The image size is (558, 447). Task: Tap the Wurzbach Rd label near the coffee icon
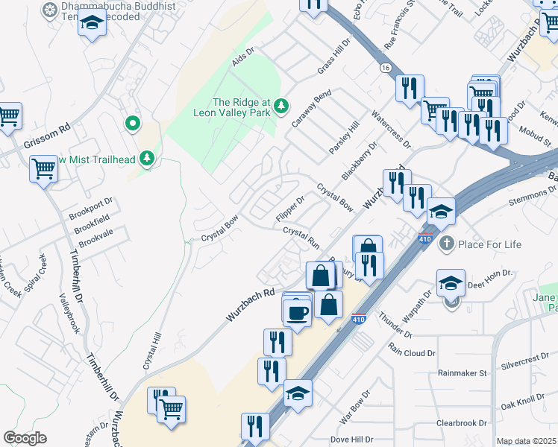coord(251,305)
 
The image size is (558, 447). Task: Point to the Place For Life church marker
coord(446,244)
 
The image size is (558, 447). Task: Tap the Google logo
coord(25,438)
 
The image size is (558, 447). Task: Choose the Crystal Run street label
coord(301,238)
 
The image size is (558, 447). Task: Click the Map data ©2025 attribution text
coord(527,441)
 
